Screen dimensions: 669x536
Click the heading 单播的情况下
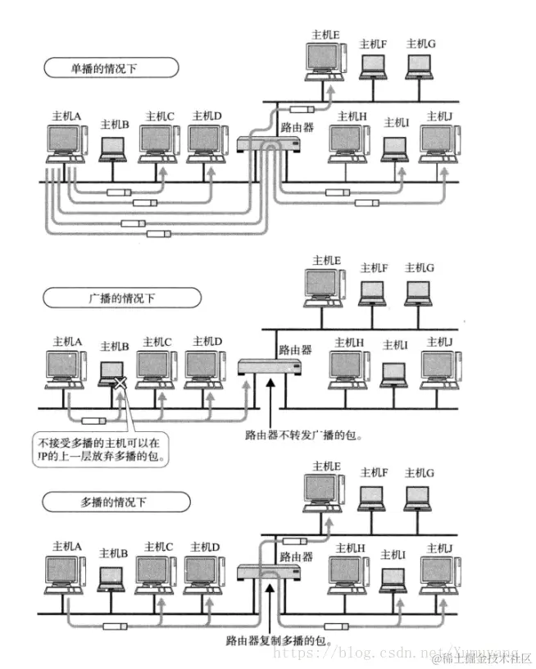click(111, 67)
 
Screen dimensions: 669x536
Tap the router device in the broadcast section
click(265, 366)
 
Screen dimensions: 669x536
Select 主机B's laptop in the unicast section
click(113, 148)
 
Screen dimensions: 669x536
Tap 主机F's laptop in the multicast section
click(373, 497)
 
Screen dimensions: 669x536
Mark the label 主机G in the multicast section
click(420, 473)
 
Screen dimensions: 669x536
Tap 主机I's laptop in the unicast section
click(394, 148)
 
